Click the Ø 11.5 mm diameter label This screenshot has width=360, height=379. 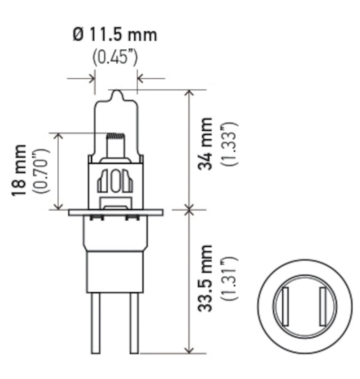click(115, 35)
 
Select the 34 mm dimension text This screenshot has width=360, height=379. click(205, 144)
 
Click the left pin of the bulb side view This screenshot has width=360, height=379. click(95, 322)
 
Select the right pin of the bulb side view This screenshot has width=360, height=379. click(134, 322)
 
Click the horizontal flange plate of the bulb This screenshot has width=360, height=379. click(116, 212)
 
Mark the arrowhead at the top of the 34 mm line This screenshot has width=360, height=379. click(190, 93)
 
